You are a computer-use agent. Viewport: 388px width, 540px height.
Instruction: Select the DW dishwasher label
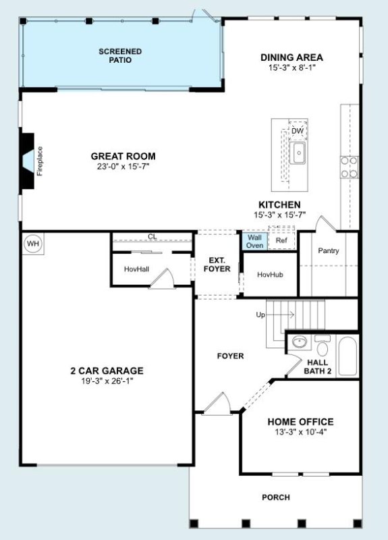point(298,130)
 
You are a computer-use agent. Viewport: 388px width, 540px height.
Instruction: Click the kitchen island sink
point(297,153)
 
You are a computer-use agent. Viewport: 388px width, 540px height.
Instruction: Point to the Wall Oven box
point(254,242)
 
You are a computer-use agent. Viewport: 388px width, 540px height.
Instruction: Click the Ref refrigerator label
point(280,240)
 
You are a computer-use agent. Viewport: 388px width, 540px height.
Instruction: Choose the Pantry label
point(329,251)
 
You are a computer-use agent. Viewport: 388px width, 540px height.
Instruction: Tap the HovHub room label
point(269,275)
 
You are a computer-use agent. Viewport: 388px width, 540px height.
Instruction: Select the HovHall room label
point(136,269)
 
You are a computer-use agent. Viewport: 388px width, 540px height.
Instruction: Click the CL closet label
point(152,237)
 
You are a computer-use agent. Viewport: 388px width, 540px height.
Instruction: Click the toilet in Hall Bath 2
point(322,348)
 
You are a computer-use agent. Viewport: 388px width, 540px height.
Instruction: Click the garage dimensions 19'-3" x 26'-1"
point(107,381)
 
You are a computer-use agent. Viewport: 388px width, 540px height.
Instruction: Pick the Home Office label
point(300,422)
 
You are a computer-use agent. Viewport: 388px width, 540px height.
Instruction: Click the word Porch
point(275,497)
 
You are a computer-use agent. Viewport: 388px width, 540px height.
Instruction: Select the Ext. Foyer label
point(217,265)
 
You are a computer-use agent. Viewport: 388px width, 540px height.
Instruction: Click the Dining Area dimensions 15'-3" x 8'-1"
point(292,67)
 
